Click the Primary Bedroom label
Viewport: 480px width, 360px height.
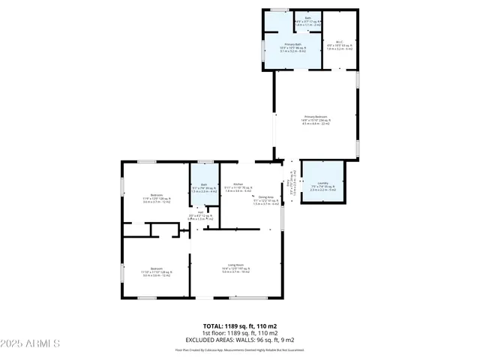pyautogui.click(x=315, y=120)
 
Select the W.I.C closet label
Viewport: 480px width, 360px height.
pyautogui.click(x=339, y=45)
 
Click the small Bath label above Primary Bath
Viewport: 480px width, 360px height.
pyautogui.click(x=307, y=22)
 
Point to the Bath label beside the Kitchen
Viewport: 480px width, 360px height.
pyautogui.click(x=199, y=187)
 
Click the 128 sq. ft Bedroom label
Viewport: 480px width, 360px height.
pyautogui.click(x=157, y=271)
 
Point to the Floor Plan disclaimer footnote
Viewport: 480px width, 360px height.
pyautogui.click(x=240, y=349)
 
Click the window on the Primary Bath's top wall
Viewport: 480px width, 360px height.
pyautogui.click(x=279, y=10)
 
